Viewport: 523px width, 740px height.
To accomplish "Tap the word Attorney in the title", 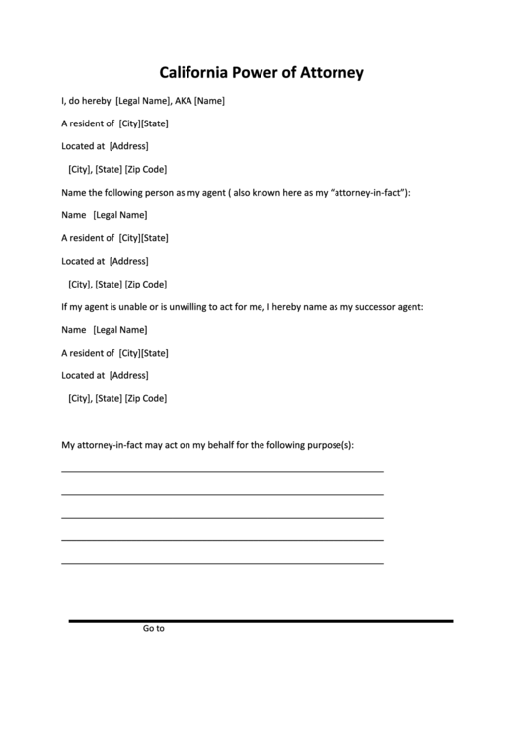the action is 328,72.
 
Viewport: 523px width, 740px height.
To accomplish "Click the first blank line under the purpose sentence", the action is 222,472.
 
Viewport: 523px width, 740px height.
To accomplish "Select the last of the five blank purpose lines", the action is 222,563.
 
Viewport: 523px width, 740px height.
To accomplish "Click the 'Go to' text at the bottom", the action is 153,628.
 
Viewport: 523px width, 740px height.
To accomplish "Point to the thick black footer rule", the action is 261,621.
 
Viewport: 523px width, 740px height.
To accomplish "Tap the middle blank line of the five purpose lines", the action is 222,518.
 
